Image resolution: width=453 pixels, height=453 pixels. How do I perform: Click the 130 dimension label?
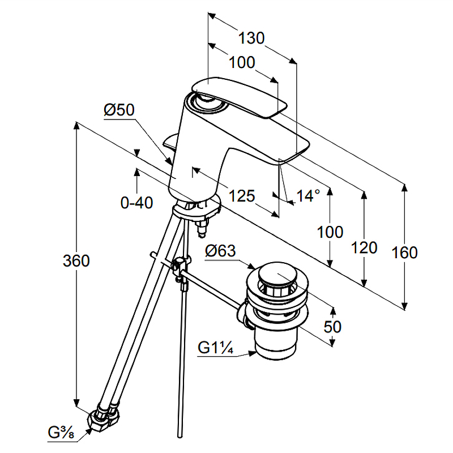(251, 39)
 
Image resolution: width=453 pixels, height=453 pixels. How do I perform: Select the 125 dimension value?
(242, 196)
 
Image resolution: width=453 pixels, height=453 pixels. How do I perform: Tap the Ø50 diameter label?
(119, 110)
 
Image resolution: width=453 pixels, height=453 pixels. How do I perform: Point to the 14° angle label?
(309, 196)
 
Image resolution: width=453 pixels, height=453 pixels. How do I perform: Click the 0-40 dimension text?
(136, 202)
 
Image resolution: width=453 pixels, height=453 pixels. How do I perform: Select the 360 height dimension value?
(76, 261)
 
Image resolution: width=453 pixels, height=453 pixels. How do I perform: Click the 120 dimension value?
(364, 247)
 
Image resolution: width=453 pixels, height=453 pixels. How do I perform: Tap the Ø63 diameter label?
(220, 250)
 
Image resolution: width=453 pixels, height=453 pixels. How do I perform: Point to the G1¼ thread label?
(216, 347)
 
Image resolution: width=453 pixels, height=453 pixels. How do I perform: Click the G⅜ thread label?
(62, 434)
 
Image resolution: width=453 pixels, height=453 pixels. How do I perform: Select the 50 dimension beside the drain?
(332, 327)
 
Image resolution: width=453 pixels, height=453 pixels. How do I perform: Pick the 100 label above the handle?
(242, 63)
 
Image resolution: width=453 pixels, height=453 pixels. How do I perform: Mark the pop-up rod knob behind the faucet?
(169, 142)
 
